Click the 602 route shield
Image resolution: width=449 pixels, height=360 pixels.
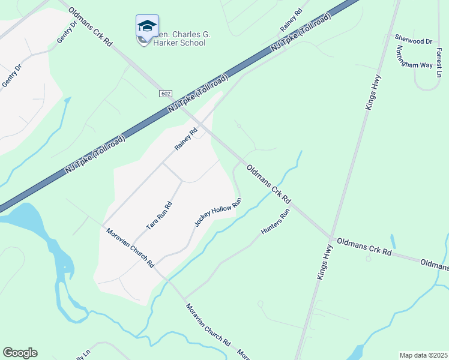click(x=166, y=94)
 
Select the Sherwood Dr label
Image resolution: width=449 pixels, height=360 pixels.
click(x=413, y=40)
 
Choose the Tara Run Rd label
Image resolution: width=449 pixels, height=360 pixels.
click(x=160, y=216)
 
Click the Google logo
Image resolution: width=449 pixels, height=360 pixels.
click(x=20, y=353)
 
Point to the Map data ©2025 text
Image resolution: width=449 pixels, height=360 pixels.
click(x=423, y=355)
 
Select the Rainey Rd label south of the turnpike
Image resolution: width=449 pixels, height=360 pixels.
click(x=186, y=140)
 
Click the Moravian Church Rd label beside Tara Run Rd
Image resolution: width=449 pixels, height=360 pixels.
click(x=130, y=248)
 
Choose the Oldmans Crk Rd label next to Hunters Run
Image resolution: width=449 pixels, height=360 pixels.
click(x=270, y=185)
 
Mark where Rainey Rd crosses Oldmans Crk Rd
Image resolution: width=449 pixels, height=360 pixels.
click(x=202, y=125)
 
